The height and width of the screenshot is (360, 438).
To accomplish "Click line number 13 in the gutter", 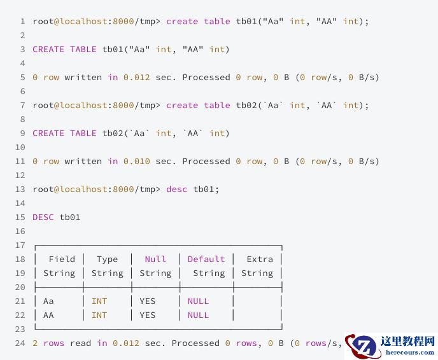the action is (20, 189).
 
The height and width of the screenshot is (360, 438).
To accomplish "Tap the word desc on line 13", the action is (176, 189).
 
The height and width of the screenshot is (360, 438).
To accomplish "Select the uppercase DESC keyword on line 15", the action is (43, 217).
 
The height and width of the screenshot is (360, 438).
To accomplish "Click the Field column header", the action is (62, 259).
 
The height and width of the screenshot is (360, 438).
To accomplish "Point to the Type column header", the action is (107, 260).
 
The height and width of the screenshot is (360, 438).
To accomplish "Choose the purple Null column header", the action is (155, 259).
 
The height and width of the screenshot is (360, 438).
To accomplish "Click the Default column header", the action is (206, 259).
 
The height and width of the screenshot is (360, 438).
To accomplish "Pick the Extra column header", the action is (260, 259).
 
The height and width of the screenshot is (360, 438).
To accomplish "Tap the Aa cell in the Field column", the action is (48, 301).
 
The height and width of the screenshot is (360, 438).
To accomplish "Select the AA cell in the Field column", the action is (48, 315).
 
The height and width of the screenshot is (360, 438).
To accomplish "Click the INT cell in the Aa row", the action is (99, 301).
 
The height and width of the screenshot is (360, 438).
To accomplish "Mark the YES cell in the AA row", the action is (147, 315).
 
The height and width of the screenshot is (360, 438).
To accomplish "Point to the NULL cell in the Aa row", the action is (198, 301).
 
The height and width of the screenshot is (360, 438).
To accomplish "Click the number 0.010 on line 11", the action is (137, 162).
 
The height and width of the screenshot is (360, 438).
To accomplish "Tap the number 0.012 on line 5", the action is (137, 78).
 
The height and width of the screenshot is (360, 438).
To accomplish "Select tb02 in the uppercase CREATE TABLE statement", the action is (113, 133).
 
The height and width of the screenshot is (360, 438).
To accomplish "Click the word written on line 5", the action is (83, 78).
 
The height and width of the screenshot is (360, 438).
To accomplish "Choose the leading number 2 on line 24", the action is (35, 343).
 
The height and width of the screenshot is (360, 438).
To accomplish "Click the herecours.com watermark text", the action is (410, 352).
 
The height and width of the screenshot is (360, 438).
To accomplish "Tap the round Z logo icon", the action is (362, 347).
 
